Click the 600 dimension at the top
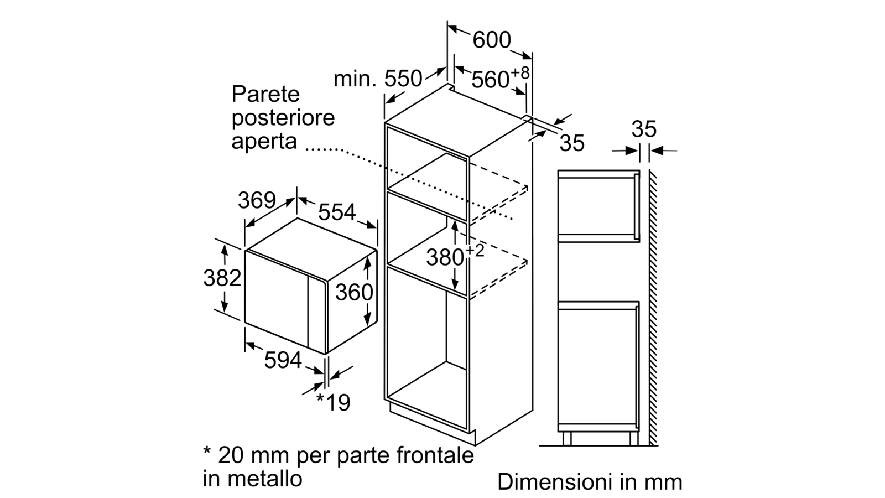[492, 40]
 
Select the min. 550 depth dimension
[378, 79]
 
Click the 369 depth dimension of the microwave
[257, 200]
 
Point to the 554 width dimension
[337, 212]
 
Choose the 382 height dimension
[222, 278]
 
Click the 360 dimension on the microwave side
[354, 293]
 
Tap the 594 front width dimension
[283, 360]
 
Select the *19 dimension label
[334, 403]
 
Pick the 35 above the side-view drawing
[644, 129]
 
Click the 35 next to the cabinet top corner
[572, 143]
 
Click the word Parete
[265, 95]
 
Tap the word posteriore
[283, 118]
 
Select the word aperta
[264, 142]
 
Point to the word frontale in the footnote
[435, 455]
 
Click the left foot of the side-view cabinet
[567, 439]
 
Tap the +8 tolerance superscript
[520, 73]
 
